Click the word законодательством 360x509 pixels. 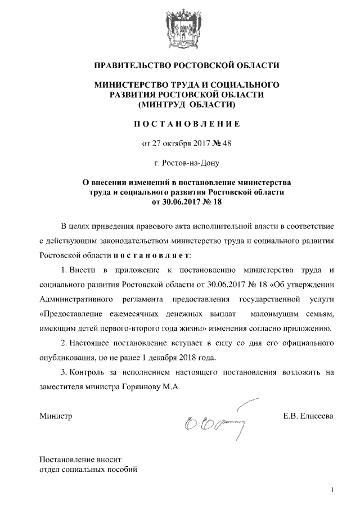163,240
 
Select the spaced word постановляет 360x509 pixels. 152,255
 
